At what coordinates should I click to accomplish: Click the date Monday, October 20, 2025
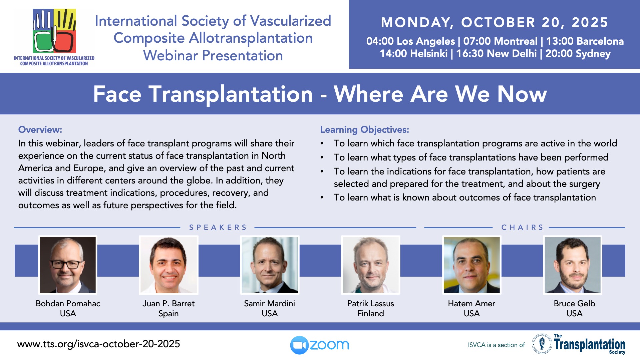(495, 22)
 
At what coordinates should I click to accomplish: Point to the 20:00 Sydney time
(578, 53)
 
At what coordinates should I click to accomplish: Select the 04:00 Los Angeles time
(410, 41)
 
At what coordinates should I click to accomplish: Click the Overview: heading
(40, 129)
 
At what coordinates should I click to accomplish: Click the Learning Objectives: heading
(365, 130)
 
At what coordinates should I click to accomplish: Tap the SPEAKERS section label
(218, 227)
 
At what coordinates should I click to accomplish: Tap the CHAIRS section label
(522, 227)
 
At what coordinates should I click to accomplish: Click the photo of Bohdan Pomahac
(68, 265)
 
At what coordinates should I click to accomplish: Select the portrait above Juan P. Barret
(169, 265)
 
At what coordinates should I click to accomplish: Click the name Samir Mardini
(269, 303)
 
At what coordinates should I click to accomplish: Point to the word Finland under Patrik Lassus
(371, 313)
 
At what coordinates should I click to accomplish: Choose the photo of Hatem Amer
(472, 265)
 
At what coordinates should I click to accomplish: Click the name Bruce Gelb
(574, 303)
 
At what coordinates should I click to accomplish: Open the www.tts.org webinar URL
(99, 344)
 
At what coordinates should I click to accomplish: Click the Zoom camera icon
(299, 345)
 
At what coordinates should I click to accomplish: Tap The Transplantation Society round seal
(542, 344)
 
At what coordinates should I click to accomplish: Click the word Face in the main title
(117, 94)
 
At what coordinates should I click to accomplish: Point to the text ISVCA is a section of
(496, 345)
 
